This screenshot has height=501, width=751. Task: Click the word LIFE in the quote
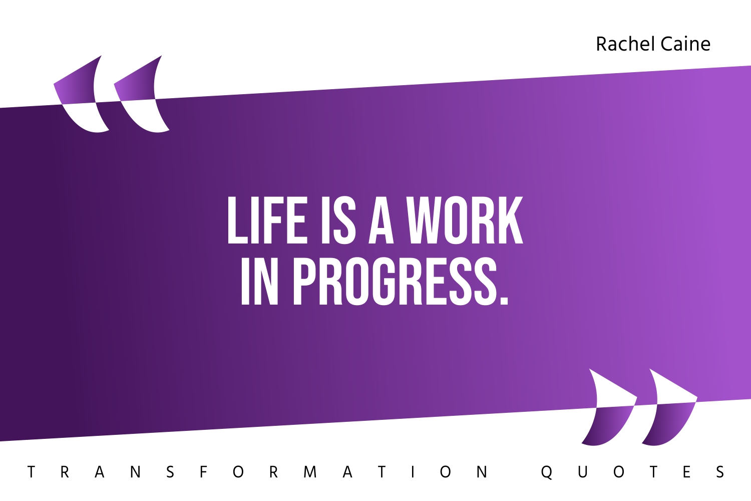coord(267,220)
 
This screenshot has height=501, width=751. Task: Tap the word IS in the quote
coord(338,220)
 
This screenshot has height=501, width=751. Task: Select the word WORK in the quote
coord(465,220)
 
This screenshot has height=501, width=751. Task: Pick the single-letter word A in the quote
coord(381,220)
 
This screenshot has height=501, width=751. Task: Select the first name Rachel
coord(625,44)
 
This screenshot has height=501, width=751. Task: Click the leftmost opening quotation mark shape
coord(80,95)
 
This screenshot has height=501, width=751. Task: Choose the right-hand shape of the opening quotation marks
coord(140,95)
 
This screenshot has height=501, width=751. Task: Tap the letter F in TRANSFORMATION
coord(203,472)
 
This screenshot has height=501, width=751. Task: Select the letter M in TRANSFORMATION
coord(310,472)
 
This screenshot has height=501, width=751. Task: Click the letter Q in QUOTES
coord(547,472)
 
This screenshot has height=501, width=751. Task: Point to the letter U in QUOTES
coord(582,472)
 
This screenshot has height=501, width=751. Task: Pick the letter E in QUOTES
coord(686,472)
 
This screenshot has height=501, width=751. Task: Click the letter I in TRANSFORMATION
coord(413,472)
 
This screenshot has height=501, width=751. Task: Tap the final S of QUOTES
coord(720,472)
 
